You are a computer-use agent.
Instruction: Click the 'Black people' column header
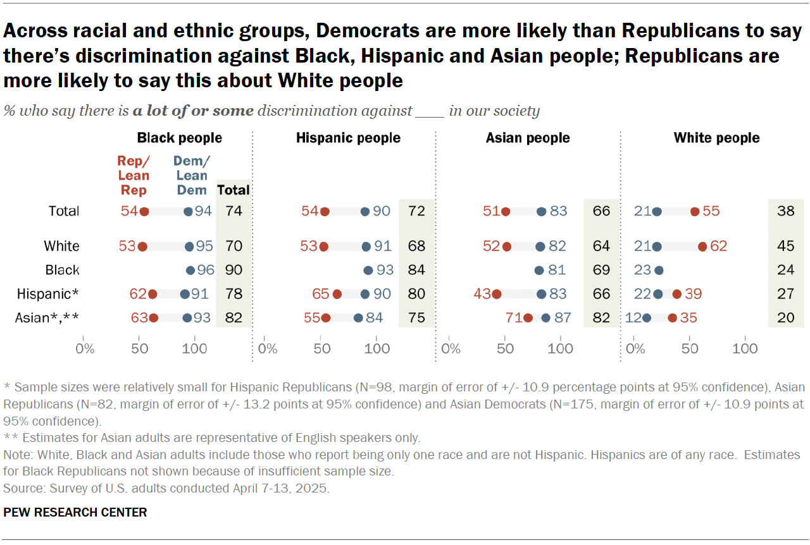[x=180, y=138]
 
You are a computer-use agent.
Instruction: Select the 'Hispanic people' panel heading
[x=348, y=138]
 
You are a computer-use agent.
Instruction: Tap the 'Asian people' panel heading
[x=528, y=138]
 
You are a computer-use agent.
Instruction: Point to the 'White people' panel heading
[x=716, y=138]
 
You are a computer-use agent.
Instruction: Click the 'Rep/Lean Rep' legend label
[x=134, y=176]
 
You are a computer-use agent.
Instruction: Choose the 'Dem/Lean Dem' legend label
[x=191, y=176]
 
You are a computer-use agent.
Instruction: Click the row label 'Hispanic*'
[x=56, y=294]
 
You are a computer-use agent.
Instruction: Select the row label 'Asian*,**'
[x=46, y=318]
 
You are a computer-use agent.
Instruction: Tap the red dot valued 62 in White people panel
[x=702, y=247]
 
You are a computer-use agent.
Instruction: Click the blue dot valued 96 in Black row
[x=190, y=271]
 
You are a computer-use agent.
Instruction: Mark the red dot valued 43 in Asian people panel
[x=497, y=294]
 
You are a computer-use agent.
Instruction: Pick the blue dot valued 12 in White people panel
[x=647, y=318]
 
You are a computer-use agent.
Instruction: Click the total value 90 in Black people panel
[x=234, y=271]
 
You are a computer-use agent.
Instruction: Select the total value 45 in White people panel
[x=785, y=247]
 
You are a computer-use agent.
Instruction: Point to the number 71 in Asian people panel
[x=513, y=318]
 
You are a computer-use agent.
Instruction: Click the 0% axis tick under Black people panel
[x=84, y=348]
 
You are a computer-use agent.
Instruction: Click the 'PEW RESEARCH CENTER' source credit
[x=75, y=512]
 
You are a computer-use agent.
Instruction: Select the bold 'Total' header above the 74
[x=234, y=190]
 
